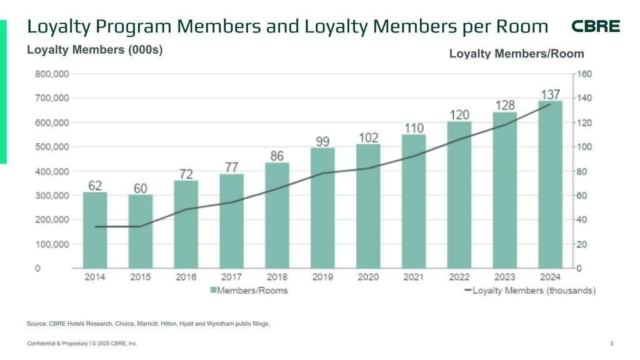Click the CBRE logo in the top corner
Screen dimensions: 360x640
click(596, 26)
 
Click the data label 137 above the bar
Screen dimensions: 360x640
click(550, 94)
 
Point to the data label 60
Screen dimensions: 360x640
click(141, 188)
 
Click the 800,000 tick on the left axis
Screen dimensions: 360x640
click(51, 74)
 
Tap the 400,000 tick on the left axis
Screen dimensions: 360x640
click(51, 171)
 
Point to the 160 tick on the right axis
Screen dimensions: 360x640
click(584, 74)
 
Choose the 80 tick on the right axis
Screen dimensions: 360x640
click(582, 171)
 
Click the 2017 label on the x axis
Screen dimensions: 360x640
click(232, 277)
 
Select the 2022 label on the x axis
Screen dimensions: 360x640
click(459, 277)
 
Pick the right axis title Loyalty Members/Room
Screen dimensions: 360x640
click(516, 54)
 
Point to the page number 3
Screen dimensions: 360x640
click(611, 344)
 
